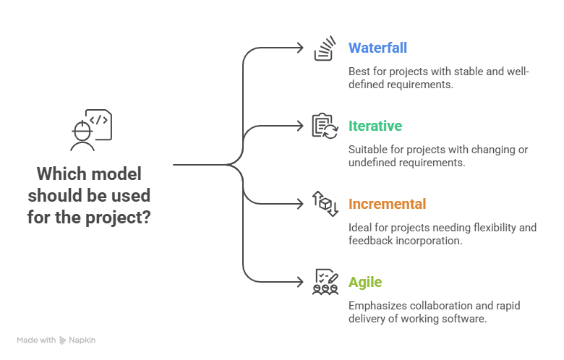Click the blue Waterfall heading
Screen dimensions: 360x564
pos(377,48)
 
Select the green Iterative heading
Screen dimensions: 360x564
pos(375,127)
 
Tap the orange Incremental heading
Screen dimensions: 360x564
pos(387,205)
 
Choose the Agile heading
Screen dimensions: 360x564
pos(365,283)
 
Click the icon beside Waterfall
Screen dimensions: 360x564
pos(325,50)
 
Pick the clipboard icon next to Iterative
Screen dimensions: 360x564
pos(325,127)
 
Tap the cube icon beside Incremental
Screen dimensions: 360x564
pos(325,204)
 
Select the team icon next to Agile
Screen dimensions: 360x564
pos(325,281)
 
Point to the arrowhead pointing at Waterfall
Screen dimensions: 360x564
pos(302,48)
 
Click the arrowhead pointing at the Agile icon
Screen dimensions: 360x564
pos(302,281)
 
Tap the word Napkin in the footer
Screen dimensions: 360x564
pos(82,340)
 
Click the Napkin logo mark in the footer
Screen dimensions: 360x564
pos(63,340)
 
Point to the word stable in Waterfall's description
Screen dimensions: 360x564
pos(448,72)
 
